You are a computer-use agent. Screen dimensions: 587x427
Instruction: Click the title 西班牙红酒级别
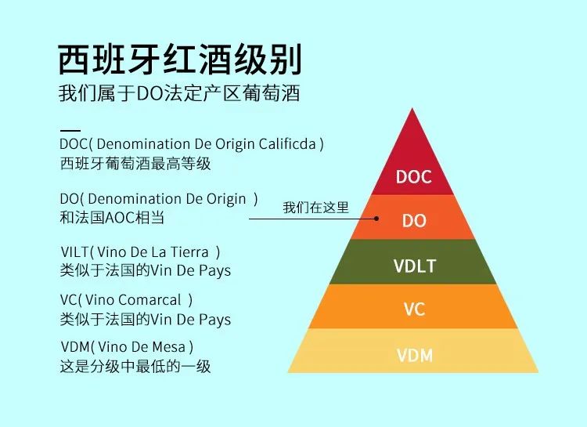click(180, 59)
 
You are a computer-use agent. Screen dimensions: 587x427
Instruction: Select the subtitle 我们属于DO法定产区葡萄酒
click(179, 94)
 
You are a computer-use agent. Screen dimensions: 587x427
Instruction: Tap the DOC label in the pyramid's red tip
click(413, 177)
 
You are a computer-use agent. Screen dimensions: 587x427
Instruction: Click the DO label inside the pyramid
click(414, 221)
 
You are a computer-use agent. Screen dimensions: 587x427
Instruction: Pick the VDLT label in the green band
click(414, 266)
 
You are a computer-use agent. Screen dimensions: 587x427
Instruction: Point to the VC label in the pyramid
click(414, 309)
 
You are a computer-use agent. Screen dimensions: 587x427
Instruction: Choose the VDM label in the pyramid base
click(414, 355)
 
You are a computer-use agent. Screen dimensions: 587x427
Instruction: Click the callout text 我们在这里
click(315, 208)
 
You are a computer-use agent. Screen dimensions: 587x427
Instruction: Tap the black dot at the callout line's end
click(376, 219)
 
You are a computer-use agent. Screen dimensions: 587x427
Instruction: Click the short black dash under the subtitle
click(70, 129)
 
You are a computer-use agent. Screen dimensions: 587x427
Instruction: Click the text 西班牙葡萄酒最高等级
click(135, 164)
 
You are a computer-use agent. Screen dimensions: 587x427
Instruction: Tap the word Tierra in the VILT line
click(189, 251)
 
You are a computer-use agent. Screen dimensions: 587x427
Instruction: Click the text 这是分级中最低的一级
click(135, 366)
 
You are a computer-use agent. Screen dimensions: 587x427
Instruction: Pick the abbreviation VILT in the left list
click(74, 251)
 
